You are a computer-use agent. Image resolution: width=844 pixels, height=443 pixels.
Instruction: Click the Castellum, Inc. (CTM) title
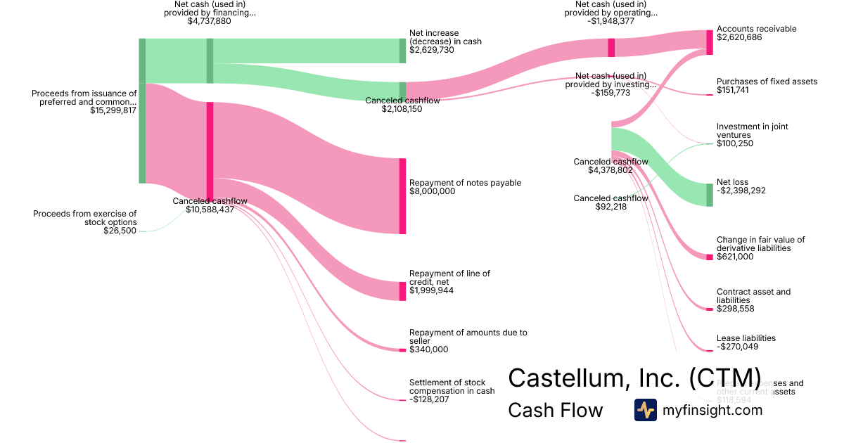(634, 378)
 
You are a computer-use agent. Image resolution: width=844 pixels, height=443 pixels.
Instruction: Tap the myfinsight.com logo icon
(645, 410)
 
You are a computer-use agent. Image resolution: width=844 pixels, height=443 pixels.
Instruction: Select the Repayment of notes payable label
(465, 183)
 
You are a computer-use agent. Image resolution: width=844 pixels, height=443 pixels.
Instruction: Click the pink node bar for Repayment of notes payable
(403, 196)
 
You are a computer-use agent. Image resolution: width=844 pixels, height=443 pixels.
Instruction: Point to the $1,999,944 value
(431, 290)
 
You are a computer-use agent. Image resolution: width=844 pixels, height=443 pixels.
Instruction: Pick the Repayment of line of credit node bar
(403, 291)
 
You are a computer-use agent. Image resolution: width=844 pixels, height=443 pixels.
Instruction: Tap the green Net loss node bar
(710, 195)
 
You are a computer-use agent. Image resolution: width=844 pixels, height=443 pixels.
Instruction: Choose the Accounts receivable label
(756, 29)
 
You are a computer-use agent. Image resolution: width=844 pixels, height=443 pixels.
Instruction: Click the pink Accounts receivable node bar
(710, 42)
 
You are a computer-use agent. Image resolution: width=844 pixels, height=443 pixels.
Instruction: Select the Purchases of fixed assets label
(767, 82)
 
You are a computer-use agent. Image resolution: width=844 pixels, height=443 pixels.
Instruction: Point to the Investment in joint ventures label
(752, 131)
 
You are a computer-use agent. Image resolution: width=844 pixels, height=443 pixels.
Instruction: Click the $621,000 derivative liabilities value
(735, 257)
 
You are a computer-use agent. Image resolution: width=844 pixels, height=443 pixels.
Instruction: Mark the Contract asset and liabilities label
(753, 296)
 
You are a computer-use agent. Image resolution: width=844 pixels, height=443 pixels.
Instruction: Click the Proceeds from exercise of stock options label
(84, 217)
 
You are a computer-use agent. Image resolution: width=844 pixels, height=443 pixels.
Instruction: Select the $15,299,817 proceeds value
(113, 110)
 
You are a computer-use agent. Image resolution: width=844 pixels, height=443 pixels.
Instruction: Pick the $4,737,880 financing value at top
(209, 21)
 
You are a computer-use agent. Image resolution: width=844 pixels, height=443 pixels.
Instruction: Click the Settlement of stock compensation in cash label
(452, 387)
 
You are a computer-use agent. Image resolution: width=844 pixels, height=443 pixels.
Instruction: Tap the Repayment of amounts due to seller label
(468, 337)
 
